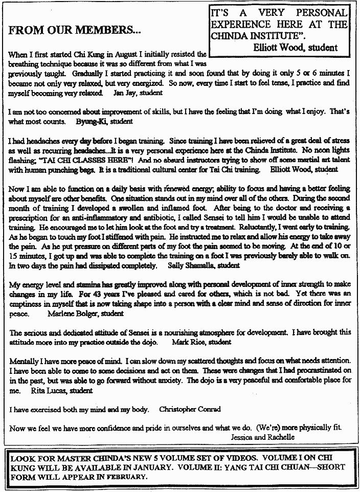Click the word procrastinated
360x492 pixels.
coord(314,369)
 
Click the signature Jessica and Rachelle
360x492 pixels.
coord(262,437)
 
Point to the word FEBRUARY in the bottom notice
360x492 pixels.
coord(125,476)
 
